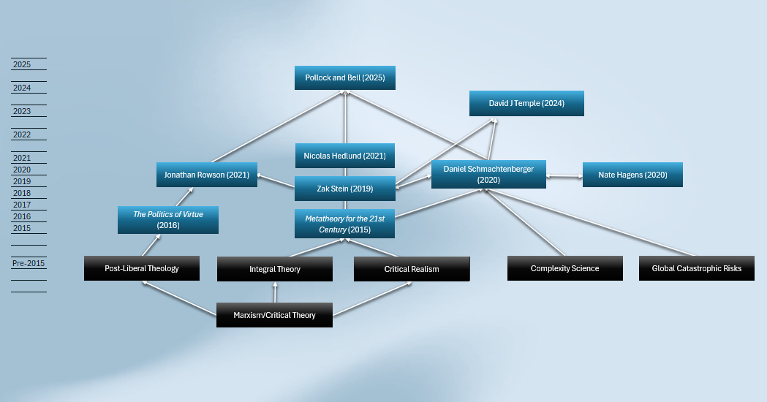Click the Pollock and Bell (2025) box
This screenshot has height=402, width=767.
point(345,78)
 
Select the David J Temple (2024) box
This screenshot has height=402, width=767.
point(526,104)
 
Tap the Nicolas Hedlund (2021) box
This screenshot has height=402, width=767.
point(345,156)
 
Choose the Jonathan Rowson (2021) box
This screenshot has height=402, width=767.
point(207,175)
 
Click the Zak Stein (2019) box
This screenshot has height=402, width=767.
point(345,189)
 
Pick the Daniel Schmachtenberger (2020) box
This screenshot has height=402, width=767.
point(488,175)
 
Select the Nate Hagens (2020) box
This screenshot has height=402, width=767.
point(632,175)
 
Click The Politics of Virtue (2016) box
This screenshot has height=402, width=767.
point(168,220)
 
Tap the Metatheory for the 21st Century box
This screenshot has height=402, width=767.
point(344,224)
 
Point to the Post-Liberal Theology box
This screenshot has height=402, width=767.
point(142,268)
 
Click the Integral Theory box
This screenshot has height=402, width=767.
point(275,269)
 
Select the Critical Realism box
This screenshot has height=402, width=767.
point(412,269)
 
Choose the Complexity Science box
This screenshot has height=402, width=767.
point(565,268)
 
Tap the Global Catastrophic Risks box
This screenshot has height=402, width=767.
point(697,268)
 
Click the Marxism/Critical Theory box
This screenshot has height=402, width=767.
point(274,315)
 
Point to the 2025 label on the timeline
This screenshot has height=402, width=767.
point(22,65)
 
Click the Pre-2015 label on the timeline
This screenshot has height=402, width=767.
point(28,263)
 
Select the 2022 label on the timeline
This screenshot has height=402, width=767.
point(22,135)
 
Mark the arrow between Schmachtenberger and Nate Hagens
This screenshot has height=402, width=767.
point(564,175)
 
